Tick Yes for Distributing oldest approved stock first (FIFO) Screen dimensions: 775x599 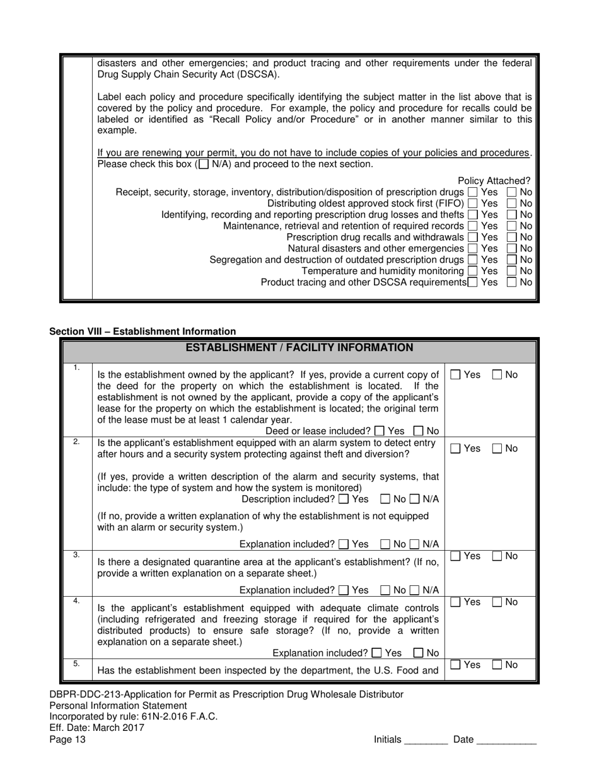pos(472,204)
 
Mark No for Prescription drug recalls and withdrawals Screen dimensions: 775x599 pos(512,238)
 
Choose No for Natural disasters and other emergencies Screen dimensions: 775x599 pos(512,249)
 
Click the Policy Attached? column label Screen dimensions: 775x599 pos(494,181)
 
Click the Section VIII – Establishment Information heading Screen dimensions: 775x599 pos(142,331)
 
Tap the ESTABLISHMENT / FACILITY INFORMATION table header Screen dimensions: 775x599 pos(299,348)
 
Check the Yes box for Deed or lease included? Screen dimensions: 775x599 pos(378,432)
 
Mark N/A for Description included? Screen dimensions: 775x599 pos(414,500)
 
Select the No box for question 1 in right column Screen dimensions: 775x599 pos(497,375)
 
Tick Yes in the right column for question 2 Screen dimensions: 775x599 pos(456,449)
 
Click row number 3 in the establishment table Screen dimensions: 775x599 pos(76,555)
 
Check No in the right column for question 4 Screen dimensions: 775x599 pos(497,602)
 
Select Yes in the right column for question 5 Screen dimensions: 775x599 pos(456,665)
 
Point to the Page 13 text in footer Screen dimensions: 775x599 pos(67,740)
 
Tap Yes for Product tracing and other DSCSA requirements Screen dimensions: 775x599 pos(472,283)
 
